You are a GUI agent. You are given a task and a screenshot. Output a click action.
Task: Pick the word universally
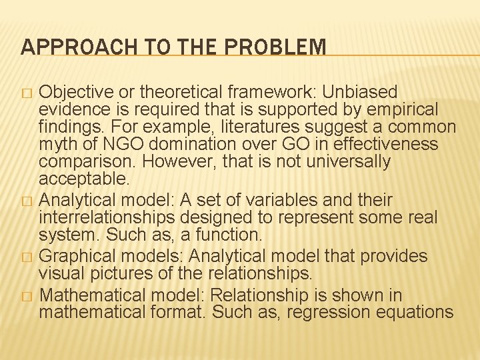352,161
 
